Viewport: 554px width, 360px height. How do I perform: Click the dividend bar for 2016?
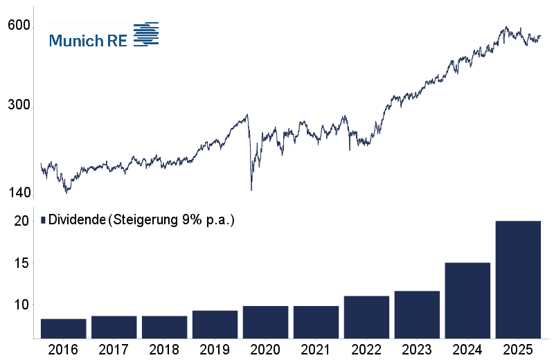pos(63,328)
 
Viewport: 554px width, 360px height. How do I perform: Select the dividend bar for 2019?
pos(215,324)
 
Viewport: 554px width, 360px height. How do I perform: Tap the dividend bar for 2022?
pos(366,317)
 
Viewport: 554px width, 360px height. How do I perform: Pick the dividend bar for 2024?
pos(467,300)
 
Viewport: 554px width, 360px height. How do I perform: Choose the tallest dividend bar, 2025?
pos(518,280)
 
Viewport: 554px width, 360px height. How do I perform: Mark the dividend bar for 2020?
pos(265,322)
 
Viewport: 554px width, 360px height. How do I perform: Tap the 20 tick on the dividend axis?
pos(21,221)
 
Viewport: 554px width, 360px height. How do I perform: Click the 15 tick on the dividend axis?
pos(21,263)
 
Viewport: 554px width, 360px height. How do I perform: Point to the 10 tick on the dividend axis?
pos(21,305)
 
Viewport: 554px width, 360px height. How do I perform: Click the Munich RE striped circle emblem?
pos(145,35)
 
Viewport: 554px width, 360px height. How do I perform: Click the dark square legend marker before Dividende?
pos(43,220)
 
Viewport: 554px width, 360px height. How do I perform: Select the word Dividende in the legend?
pos(77,220)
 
